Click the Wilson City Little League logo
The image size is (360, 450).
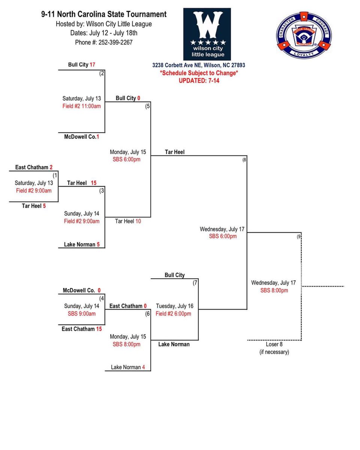pos(207,34)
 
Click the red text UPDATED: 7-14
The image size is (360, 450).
pos(199,80)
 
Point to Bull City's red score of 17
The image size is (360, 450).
pos(92,65)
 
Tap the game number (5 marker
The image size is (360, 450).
pos(148,106)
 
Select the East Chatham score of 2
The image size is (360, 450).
pos(51,168)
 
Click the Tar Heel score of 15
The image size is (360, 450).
pos(93,183)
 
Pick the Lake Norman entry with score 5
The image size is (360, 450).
pos(82,244)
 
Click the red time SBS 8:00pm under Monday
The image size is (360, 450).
pos(126,344)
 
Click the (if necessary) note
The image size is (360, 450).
pos(274,352)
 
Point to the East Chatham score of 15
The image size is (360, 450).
pos(99,329)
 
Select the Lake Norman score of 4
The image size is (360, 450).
pos(143,367)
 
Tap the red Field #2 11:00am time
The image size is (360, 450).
pos(81,106)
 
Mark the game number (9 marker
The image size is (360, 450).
pos(299,237)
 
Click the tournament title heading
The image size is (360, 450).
pos(104,15)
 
